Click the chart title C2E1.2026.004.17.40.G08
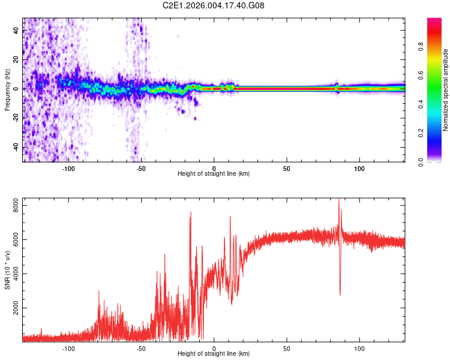point(214,5)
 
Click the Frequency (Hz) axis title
point(7,90)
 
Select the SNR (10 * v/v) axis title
point(7,269)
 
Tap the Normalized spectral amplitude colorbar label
point(446,90)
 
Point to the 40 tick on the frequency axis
point(17,31)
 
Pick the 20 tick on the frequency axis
point(17,59)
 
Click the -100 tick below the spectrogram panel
point(68,168)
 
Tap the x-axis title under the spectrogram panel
point(214,174)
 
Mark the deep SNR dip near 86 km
point(340,294)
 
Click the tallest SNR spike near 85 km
point(339,200)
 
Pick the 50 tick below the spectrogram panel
point(287,168)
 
